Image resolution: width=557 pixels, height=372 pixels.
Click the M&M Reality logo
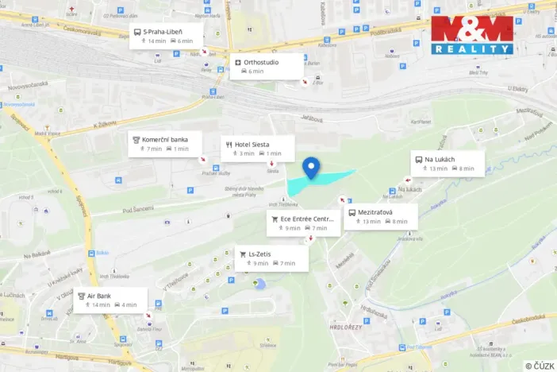tap(472, 35)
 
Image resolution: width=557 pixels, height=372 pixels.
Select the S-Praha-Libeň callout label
tap(166, 36)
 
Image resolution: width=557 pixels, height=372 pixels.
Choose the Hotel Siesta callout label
tap(257, 148)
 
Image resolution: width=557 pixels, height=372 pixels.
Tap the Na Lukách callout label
tap(444, 163)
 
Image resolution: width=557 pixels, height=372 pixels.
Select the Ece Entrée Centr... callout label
tap(303, 223)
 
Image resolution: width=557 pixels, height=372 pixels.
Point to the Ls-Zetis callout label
tap(268, 258)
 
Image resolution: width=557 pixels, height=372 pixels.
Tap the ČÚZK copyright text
tap(540, 365)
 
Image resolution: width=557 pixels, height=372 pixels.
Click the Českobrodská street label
tap(527, 322)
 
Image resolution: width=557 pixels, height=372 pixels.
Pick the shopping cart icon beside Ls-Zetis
tap(243, 254)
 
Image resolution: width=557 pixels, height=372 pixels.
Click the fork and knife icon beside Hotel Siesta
tap(229, 145)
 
